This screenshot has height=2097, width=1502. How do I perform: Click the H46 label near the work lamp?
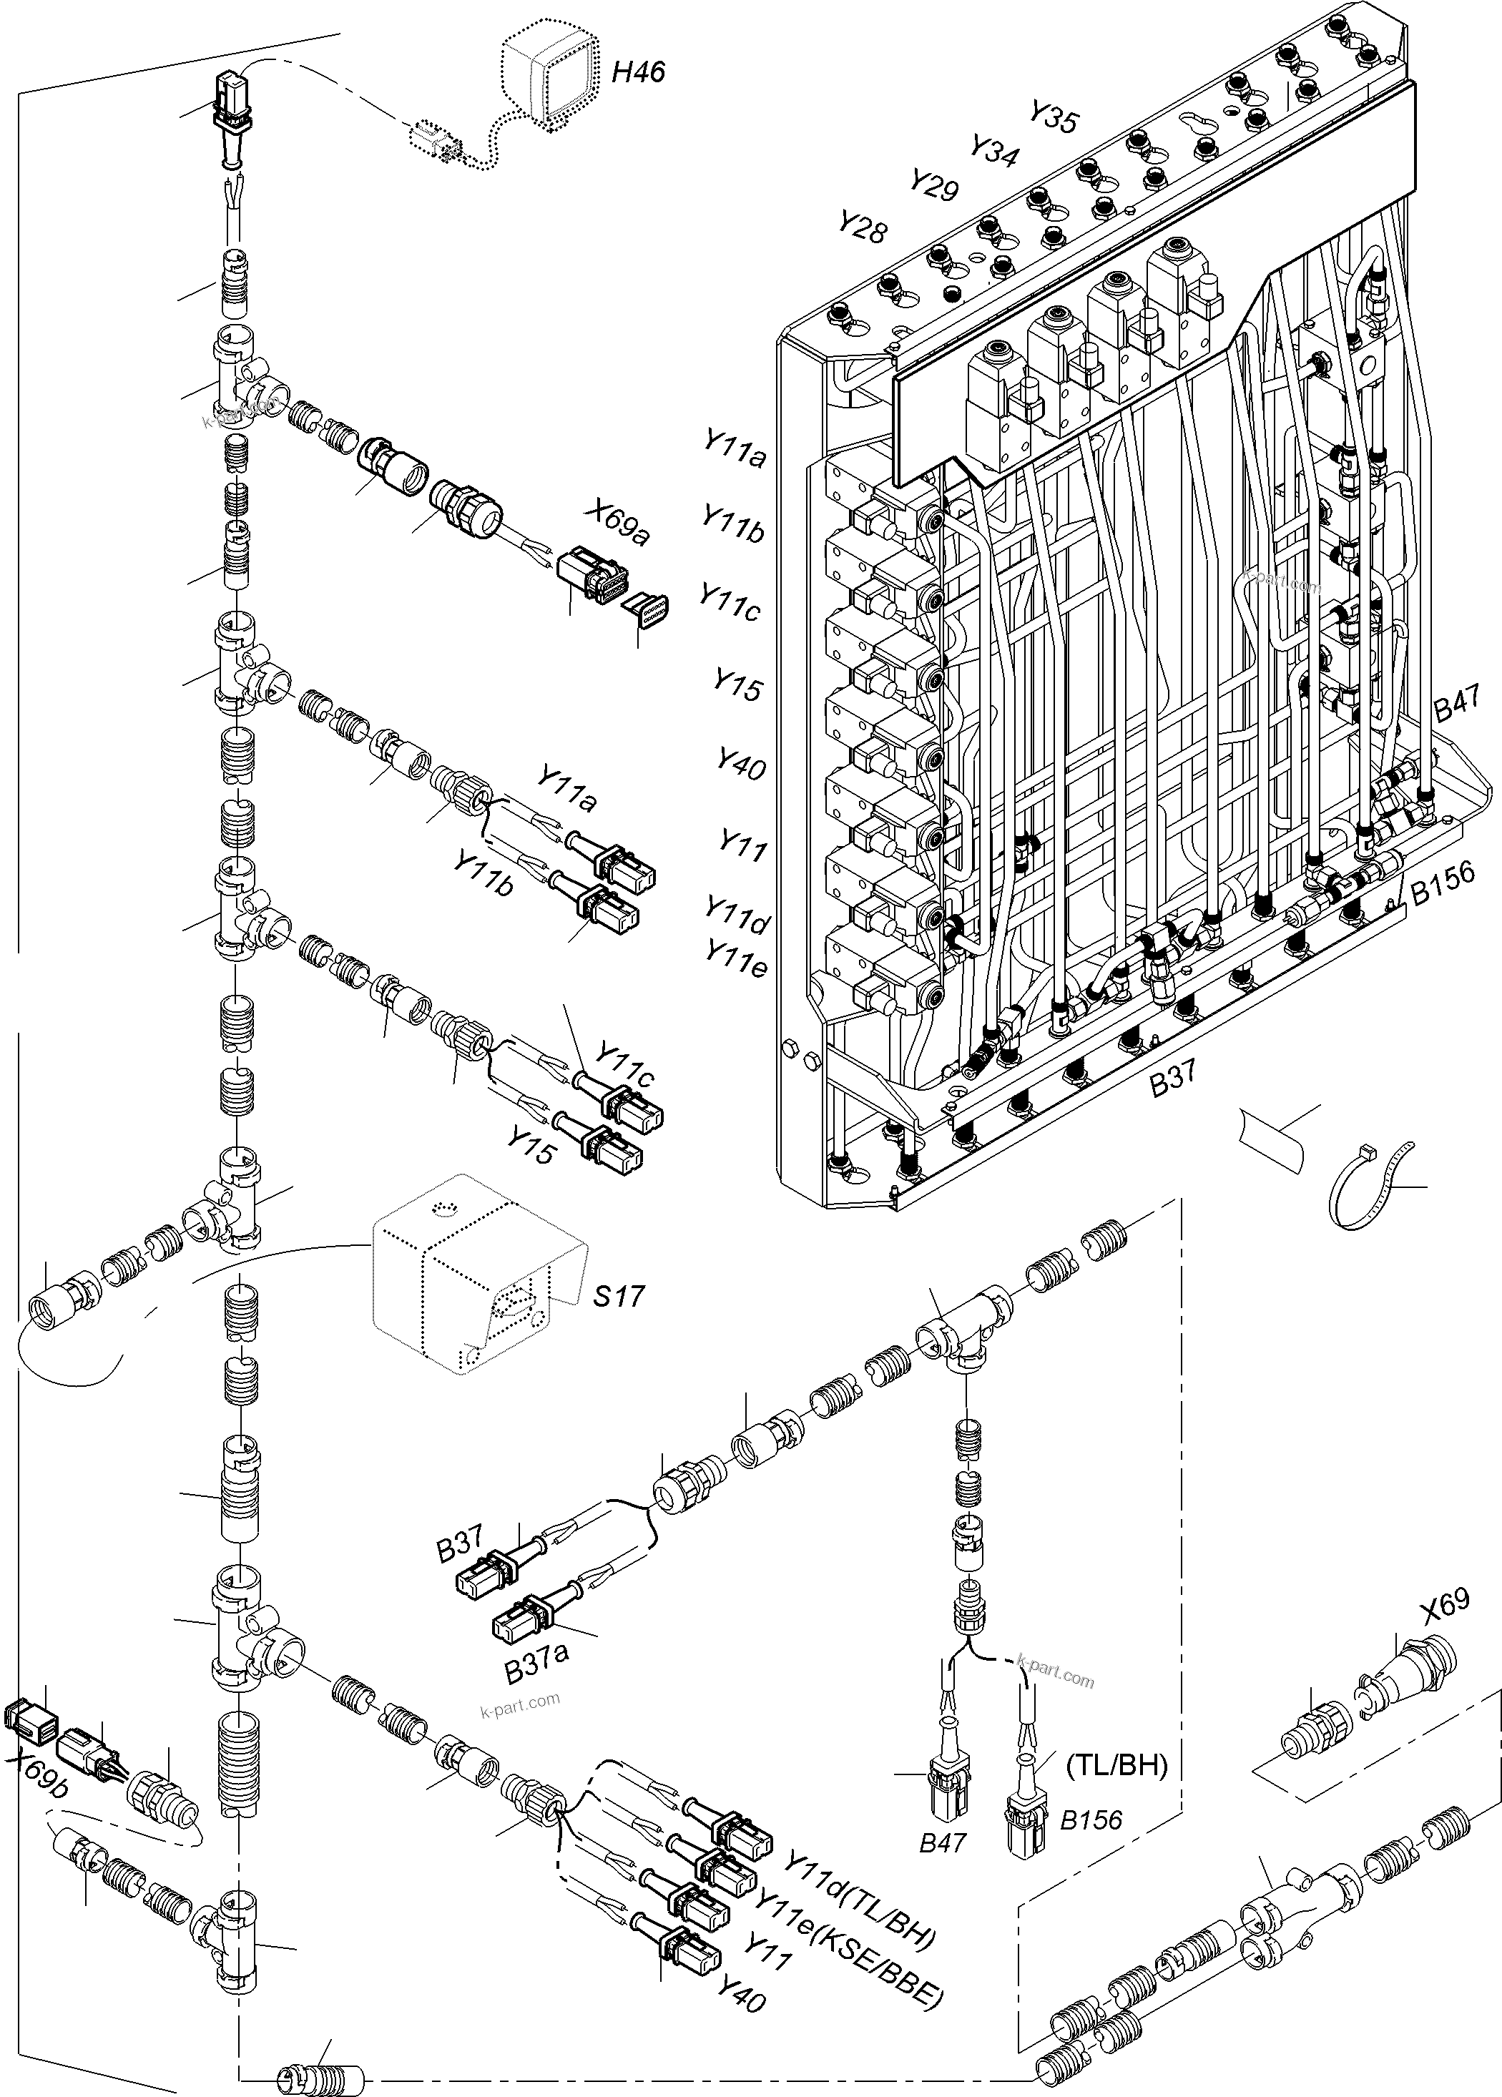tap(637, 72)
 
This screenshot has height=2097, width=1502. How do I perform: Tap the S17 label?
tap(618, 1296)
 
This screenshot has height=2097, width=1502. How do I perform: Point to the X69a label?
tap(616, 524)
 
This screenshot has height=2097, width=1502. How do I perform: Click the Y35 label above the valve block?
tap(1054, 117)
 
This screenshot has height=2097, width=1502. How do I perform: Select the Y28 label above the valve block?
tap(862, 227)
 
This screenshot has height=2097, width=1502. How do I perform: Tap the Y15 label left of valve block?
tap(737, 685)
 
